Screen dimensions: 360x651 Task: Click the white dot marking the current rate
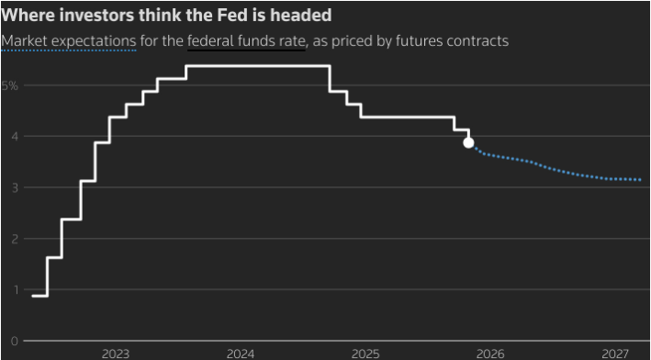coord(468,142)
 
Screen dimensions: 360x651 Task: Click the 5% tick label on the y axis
coord(9,85)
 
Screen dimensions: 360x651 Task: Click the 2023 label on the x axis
coord(116,353)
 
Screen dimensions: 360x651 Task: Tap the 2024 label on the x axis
coord(241,353)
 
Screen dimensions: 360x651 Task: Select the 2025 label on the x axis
coord(365,353)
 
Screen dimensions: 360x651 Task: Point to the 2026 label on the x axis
coord(490,353)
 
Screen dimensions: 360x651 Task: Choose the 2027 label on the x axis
coord(615,353)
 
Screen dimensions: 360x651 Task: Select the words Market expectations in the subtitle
coord(69,41)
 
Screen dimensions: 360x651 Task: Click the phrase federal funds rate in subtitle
coord(246,41)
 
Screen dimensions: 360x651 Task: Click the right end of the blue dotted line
coord(640,180)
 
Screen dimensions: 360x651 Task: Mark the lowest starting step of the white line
coord(39,296)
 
